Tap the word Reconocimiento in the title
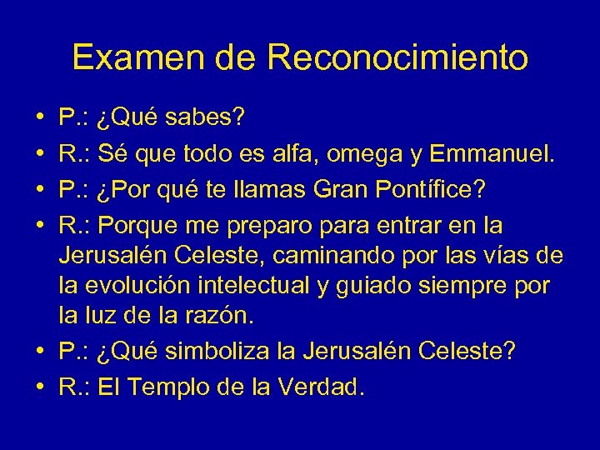pos(398,57)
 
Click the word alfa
pos(274,153)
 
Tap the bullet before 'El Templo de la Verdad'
pos(40,387)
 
